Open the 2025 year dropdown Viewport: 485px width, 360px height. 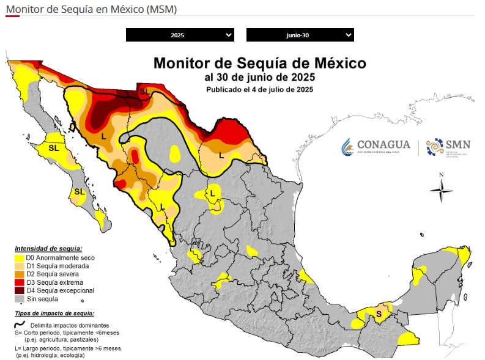(179, 35)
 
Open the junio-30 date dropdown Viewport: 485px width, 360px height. (300, 35)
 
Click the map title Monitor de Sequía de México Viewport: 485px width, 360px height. (259, 63)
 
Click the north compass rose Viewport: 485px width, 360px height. (441, 189)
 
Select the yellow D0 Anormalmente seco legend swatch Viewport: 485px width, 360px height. (19, 258)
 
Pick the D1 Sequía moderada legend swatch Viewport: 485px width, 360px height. (19, 266)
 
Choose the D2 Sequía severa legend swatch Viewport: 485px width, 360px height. (19, 274)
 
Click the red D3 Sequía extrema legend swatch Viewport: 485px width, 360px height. (19, 282)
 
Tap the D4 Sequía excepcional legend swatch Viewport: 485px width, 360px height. (19, 291)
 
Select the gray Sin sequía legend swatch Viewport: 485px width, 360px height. (19, 299)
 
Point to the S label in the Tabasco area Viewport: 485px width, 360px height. (379, 314)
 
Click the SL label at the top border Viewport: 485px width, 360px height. (144, 91)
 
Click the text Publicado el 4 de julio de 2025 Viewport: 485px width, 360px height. (259, 89)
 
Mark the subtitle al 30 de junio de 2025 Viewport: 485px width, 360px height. (259, 77)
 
